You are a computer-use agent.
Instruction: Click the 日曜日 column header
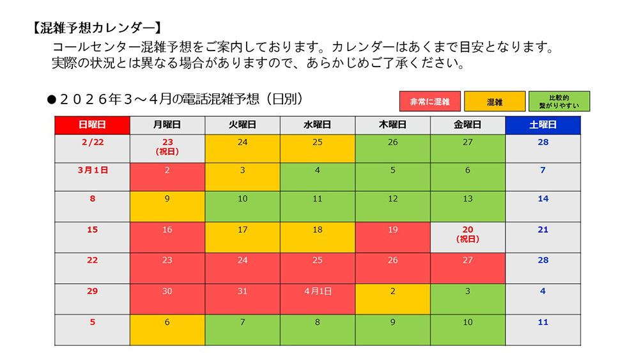point(92,125)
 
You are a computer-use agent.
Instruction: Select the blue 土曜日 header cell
point(543,125)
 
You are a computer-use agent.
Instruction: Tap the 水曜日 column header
point(318,125)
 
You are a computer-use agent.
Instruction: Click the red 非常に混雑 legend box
point(429,102)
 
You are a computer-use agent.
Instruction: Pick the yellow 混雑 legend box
point(495,102)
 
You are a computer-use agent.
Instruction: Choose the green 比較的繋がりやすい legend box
point(558,102)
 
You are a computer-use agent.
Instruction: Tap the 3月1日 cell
point(92,176)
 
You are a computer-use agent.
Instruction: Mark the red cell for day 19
point(392,237)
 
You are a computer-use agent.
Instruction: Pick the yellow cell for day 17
point(242,237)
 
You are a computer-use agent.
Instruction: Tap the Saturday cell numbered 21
point(543,237)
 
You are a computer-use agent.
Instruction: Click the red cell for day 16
point(167,237)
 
